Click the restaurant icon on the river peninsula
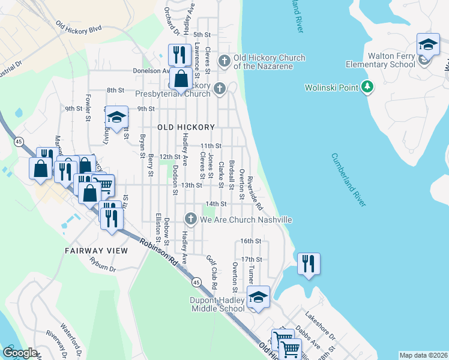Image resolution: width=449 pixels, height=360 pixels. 309,264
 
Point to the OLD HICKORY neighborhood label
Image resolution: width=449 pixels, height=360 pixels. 186,127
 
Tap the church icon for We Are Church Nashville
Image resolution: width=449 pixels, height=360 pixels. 191,219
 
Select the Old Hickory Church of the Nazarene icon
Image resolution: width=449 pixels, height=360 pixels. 224,60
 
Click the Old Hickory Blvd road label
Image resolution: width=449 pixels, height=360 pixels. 79,27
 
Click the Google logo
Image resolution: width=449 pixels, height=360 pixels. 20,353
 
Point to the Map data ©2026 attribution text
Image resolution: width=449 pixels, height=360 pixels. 423,355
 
